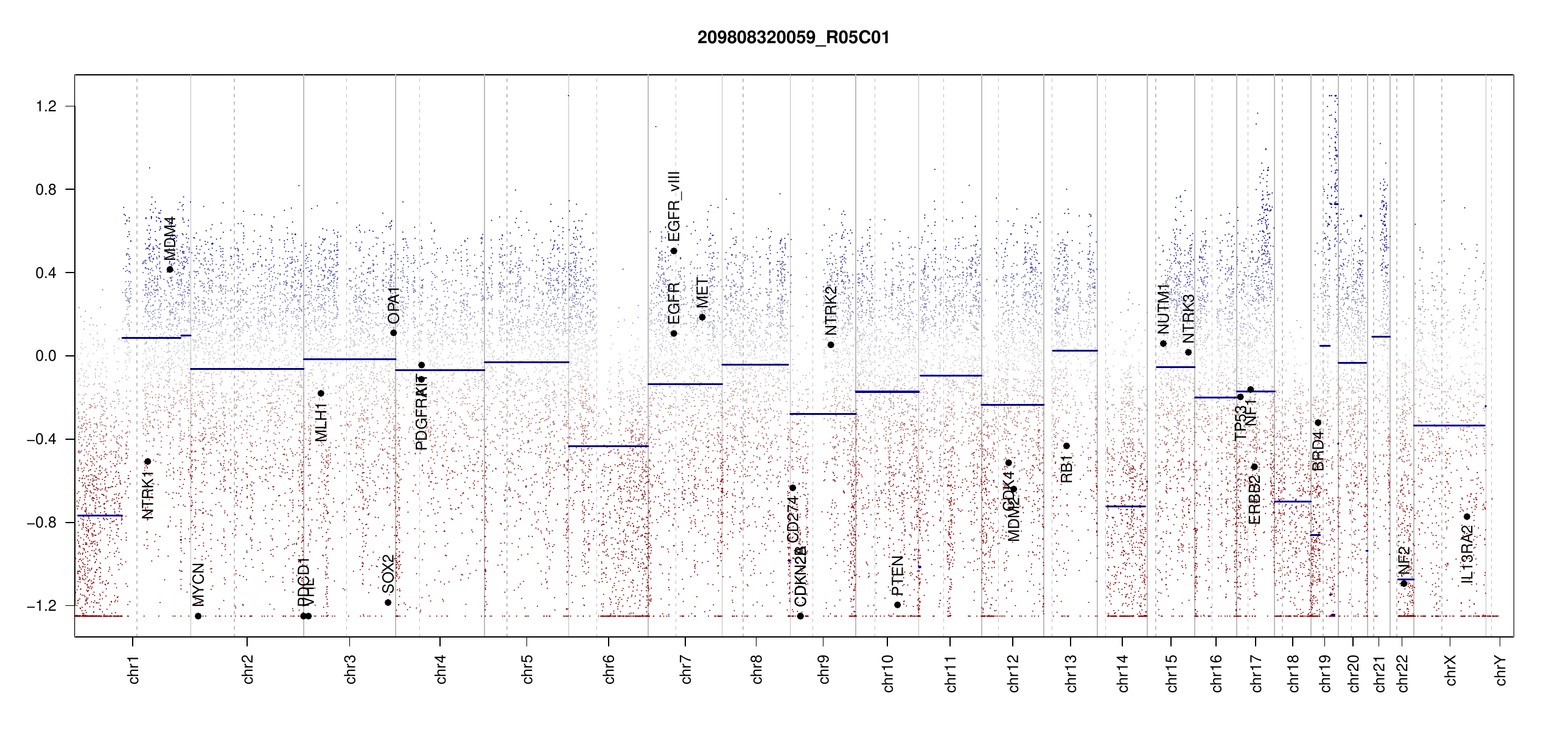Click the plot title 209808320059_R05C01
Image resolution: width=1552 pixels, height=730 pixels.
(x=793, y=38)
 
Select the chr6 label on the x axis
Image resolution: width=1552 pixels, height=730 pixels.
(x=609, y=669)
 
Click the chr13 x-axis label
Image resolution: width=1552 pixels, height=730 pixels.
(x=1071, y=673)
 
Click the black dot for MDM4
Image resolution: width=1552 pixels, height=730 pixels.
(x=170, y=269)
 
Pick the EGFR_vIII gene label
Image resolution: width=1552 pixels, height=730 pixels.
(x=674, y=207)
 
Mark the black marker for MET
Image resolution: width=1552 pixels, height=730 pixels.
(x=702, y=317)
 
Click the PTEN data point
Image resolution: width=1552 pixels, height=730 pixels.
(x=897, y=605)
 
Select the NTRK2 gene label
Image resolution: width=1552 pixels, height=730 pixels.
(x=831, y=311)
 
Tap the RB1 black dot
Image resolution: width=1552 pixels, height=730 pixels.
(x=1066, y=446)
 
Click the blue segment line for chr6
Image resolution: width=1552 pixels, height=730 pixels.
(x=608, y=446)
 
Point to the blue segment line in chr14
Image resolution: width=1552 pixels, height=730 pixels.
(x=1125, y=506)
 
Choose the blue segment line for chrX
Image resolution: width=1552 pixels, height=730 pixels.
(x=1449, y=425)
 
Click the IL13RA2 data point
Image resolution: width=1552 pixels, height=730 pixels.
(x=1467, y=516)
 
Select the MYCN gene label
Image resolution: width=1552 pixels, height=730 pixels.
(x=198, y=585)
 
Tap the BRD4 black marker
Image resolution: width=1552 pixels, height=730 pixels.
(x=1318, y=423)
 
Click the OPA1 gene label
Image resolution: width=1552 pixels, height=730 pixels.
(x=394, y=305)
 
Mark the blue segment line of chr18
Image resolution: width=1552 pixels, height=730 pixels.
(x=1292, y=501)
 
